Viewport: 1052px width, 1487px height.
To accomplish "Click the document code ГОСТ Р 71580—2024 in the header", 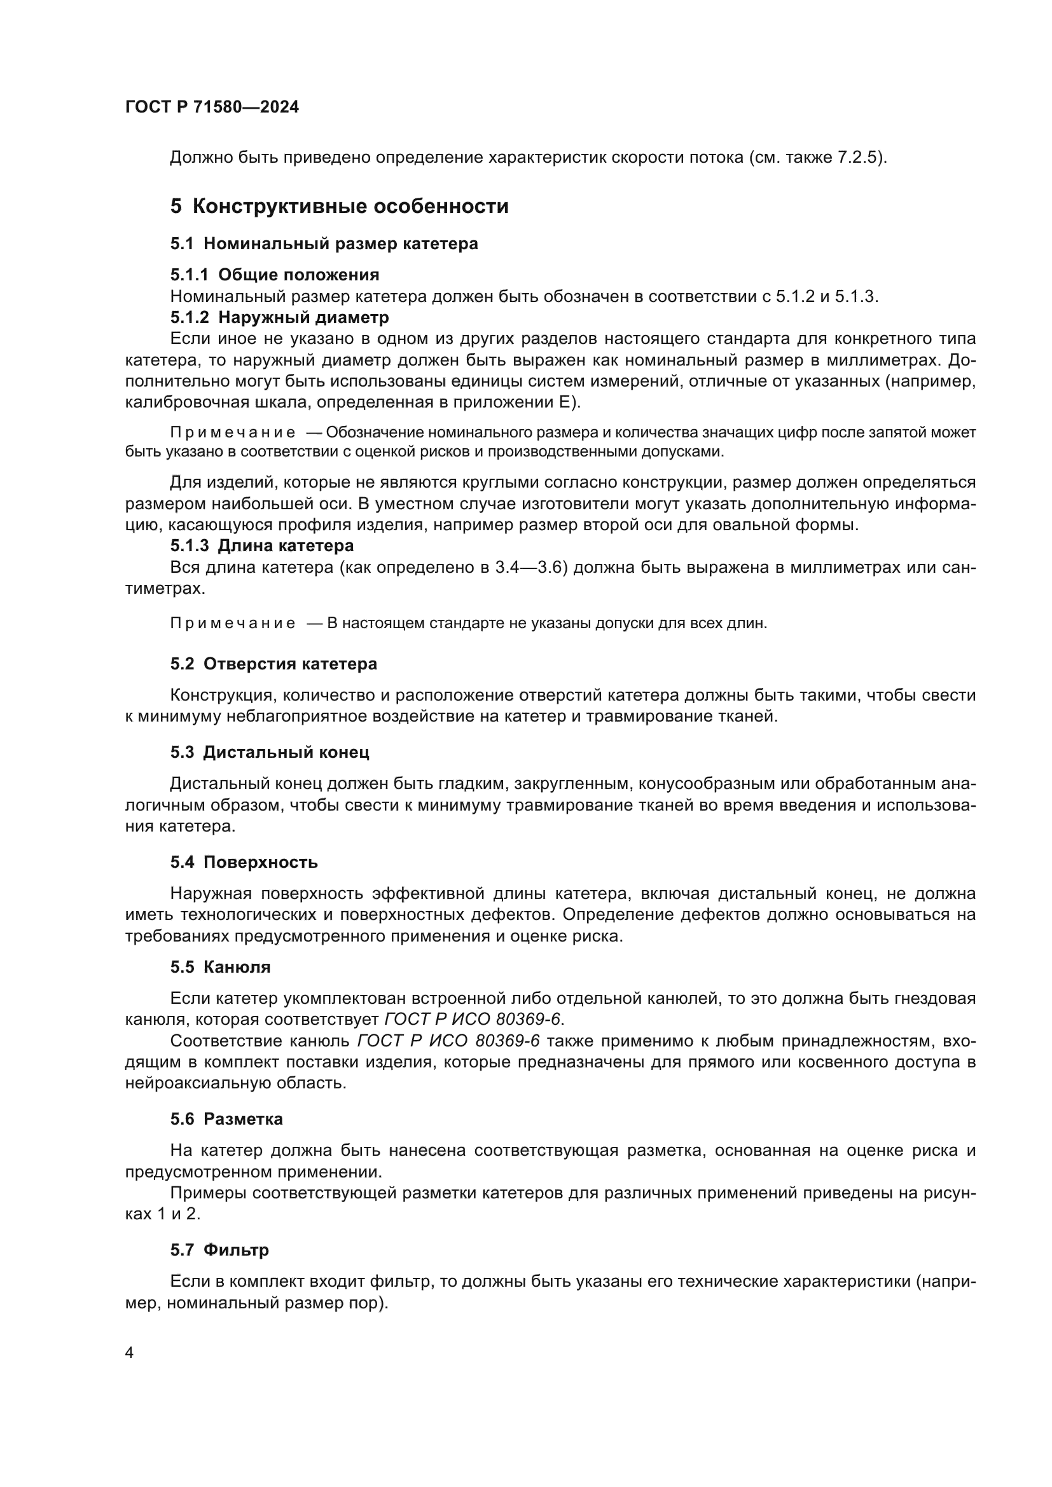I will tap(212, 107).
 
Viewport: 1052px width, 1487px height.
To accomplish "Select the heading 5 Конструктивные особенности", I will tap(339, 207).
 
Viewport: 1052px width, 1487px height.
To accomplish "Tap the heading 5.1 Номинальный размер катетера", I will tap(324, 244).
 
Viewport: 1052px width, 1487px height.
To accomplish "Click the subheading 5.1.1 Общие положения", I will tap(275, 275).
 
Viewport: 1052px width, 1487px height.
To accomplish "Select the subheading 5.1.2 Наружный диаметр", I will tap(279, 317).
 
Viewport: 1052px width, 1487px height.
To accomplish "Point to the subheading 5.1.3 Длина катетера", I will tap(261, 546).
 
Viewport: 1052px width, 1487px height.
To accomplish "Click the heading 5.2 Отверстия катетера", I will tap(273, 664).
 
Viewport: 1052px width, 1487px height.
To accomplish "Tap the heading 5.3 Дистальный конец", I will tap(270, 753).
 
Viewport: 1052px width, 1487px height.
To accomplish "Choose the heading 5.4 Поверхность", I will tap(244, 862).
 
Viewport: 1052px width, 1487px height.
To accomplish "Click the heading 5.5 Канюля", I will tap(220, 967).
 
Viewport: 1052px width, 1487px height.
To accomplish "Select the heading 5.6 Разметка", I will tap(226, 1119).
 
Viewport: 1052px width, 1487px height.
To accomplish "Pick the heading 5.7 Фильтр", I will tap(219, 1250).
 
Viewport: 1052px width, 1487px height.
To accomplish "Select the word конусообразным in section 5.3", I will tap(702, 784).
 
